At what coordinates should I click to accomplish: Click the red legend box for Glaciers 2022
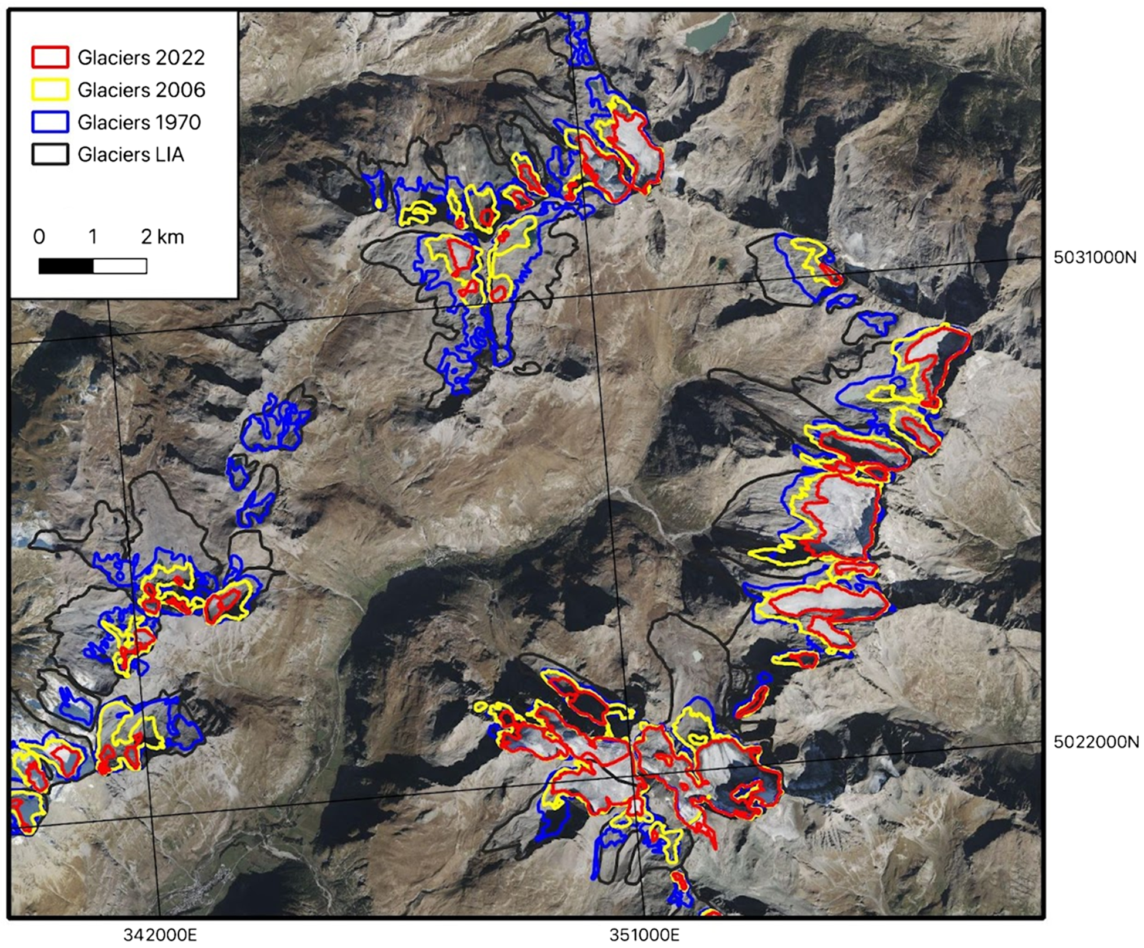(50, 57)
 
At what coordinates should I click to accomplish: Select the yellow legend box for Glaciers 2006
(50, 90)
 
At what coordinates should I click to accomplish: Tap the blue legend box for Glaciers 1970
(50, 122)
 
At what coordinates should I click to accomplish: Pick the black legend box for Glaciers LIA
(50, 154)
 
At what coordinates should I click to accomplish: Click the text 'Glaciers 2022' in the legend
(141, 57)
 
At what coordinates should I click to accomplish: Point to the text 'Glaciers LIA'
(131, 154)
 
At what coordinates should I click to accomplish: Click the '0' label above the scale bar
(39, 236)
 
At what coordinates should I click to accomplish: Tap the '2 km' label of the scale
(163, 236)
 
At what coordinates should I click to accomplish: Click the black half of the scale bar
(66, 266)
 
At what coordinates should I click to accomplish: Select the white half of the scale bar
(120, 266)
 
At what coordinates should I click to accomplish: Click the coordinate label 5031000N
(1095, 258)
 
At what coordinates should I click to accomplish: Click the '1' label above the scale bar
(93, 236)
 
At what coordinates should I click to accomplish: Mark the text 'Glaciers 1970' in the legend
(139, 122)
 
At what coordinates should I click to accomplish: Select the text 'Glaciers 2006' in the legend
(141, 90)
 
